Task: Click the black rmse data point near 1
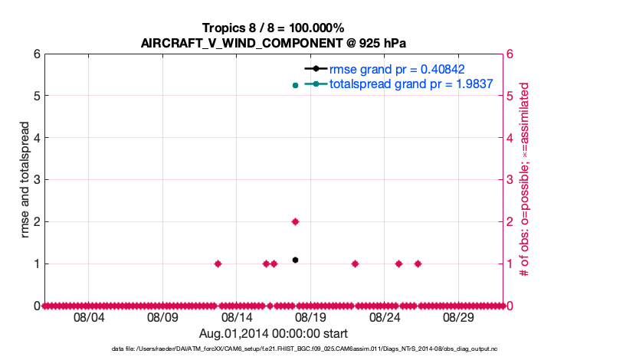295,260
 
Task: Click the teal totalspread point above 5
295,85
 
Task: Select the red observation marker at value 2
295,221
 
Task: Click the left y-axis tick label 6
36,54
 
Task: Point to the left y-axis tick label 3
36,180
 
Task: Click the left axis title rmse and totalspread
25,180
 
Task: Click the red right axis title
525,180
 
